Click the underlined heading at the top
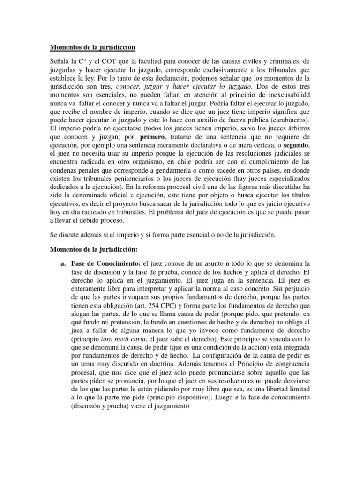coord(92,47)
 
